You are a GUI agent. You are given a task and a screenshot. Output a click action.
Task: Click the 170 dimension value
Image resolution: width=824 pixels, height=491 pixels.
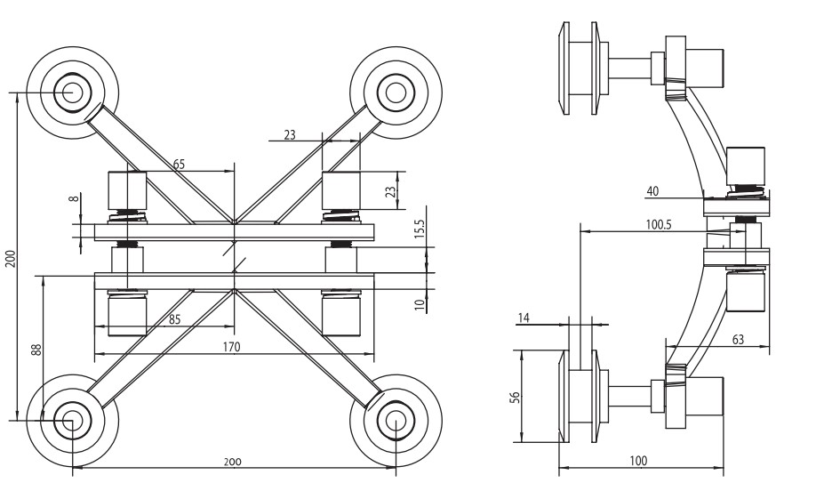(x=231, y=347)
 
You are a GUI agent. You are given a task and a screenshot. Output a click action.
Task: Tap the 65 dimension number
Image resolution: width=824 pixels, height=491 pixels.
(x=179, y=164)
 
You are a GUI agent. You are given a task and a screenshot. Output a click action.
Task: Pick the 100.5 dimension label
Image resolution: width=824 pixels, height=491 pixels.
(x=659, y=225)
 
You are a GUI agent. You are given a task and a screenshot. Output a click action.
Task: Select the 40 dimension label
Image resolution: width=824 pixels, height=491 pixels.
(x=653, y=190)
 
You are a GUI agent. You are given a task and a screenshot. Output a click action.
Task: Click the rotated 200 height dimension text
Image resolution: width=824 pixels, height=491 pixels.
(x=10, y=258)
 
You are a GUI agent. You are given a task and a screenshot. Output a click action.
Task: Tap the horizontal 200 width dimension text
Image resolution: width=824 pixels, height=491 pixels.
(x=231, y=463)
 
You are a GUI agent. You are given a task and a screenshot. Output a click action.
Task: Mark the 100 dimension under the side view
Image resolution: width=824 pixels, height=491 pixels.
(x=638, y=461)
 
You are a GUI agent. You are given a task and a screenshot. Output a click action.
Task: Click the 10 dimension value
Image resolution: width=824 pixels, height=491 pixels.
(x=420, y=303)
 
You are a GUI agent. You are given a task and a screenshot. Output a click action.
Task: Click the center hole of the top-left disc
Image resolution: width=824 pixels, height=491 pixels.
(x=72, y=91)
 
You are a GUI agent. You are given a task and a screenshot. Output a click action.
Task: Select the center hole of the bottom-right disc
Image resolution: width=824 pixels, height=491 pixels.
(x=394, y=419)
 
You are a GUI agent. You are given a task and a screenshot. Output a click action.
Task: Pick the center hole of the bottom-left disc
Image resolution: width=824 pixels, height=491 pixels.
(x=72, y=419)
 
